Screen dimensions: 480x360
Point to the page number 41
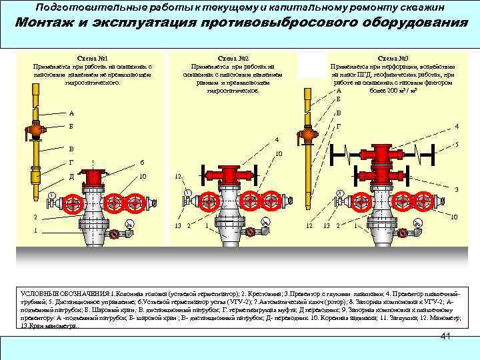447,337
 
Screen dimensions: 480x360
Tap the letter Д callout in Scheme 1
72,177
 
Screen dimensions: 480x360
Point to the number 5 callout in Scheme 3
456,144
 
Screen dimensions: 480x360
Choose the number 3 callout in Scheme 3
456,190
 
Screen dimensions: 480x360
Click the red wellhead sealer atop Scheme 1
94,176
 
